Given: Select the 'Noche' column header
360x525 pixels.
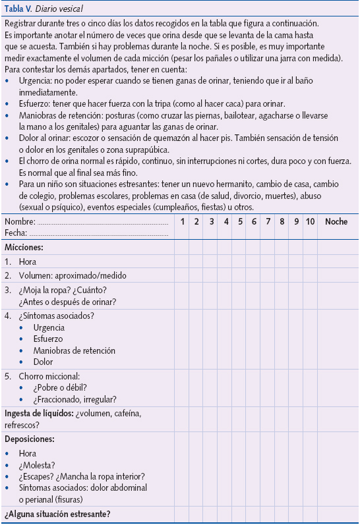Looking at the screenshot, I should coord(336,222).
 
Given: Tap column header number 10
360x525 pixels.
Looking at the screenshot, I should coord(310,222).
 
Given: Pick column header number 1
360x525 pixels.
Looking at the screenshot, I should coord(183,222).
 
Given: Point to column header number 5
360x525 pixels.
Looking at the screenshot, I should coord(240,222).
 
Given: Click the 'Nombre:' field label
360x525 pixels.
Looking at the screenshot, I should coord(20,222).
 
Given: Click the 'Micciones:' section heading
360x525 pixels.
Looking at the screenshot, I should coord(24,247).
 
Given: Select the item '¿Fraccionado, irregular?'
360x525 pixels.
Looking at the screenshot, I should coord(75,399).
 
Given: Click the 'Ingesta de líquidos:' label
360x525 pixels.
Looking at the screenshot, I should coord(39,414).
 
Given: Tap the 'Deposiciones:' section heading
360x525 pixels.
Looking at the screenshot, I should coord(30,439).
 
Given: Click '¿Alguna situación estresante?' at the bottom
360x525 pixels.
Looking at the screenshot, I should coord(57,514).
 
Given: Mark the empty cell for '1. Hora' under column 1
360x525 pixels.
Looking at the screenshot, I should coord(183,261).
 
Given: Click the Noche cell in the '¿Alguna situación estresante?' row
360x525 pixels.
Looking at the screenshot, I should coord(336,514).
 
